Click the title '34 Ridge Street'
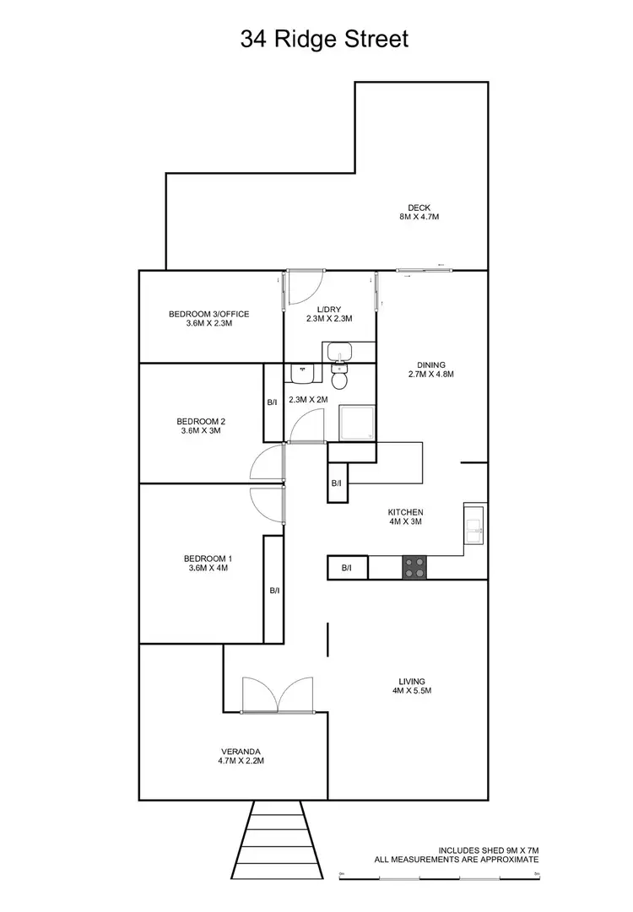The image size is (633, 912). pyautogui.click(x=324, y=39)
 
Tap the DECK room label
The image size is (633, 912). pyautogui.click(x=419, y=212)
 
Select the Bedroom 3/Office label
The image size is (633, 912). pyautogui.click(x=208, y=318)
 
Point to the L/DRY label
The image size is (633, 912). pyautogui.click(x=328, y=314)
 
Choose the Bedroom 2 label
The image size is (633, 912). pyautogui.click(x=200, y=426)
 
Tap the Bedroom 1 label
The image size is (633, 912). pyautogui.click(x=207, y=563)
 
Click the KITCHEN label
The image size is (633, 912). pyautogui.click(x=405, y=516)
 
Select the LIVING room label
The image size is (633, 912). pyautogui.click(x=412, y=686)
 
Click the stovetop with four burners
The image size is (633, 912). pyautogui.click(x=414, y=567)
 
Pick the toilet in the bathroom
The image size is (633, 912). pyautogui.click(x=339, y=379)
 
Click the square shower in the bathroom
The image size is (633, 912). pyautogui.click(x=355, y=422)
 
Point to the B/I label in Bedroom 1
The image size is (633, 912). pyautogui.click(x=274, y=591)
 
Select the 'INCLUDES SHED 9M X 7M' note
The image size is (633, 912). pyautogui.click(x=488, y=850)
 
